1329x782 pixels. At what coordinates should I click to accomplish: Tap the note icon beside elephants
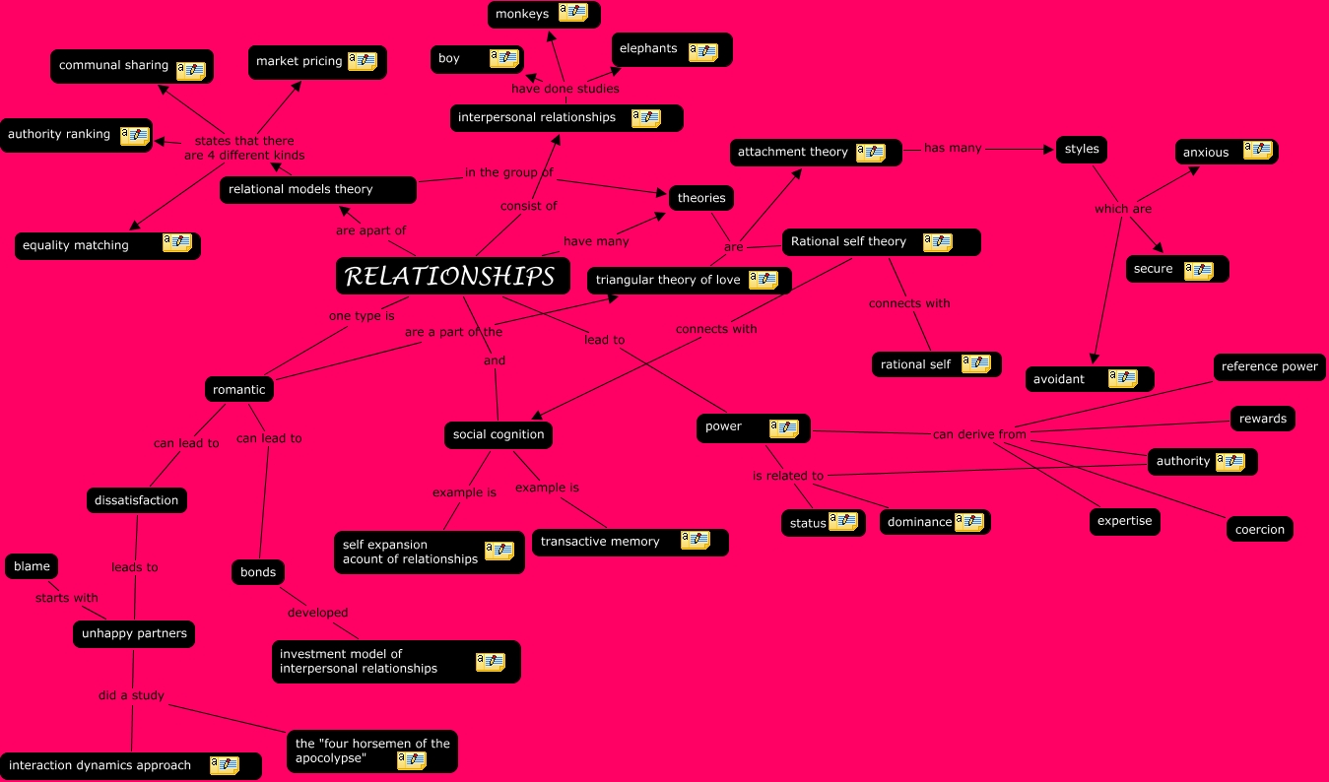(702, 51)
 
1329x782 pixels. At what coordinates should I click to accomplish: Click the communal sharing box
(131, 67)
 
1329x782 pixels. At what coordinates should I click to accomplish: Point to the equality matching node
(107, 245)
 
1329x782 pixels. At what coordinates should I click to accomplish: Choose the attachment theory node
(816, 153)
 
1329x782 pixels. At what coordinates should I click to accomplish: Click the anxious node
(1226, 152)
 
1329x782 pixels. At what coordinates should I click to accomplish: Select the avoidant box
(1089, 379)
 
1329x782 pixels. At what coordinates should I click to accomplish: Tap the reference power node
(1269, 367)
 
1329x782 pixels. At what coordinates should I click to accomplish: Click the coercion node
(1260, 529)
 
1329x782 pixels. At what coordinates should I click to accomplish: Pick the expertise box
(1124, 521)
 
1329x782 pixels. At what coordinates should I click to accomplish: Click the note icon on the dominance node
(968, 522)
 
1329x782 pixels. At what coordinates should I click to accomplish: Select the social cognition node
(498, 434)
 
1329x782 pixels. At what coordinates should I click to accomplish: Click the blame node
(32, 566)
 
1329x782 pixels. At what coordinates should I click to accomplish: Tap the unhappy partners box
(134, 633)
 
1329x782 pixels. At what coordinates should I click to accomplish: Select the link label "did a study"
(131, 695)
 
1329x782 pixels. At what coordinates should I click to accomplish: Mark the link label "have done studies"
(565, 89)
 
